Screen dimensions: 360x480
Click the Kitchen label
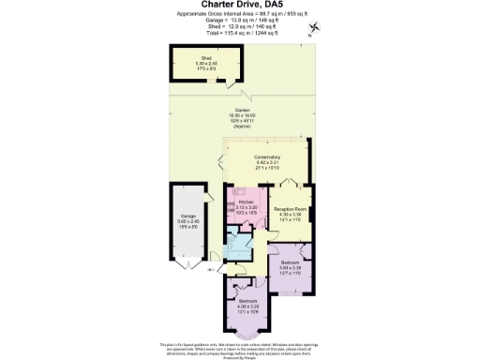pos(247,205)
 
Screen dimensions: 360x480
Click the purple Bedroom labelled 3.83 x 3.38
pos(290,266)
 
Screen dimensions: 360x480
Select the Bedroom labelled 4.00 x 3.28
pos(247,303)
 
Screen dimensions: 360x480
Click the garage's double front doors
pos(187,272)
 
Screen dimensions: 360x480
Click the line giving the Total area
pos(240,34)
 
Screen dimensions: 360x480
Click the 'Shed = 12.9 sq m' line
pos(240,27)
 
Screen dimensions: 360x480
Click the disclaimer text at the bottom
pos(240,350)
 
